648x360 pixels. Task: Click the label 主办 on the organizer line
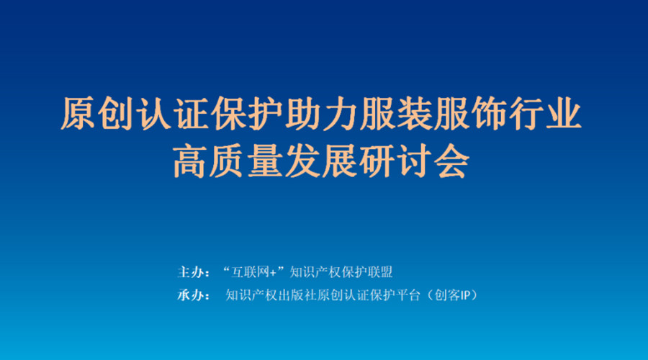190,272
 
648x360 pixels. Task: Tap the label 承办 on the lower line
190,295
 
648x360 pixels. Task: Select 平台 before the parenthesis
408,295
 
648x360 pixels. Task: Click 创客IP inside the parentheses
453,295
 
